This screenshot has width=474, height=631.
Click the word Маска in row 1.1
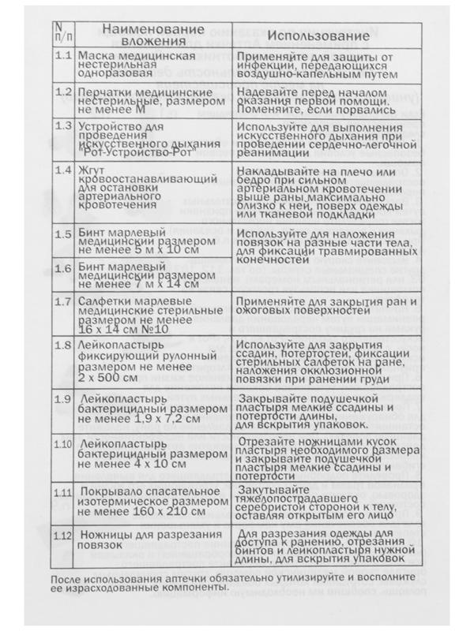pos(96,58)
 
